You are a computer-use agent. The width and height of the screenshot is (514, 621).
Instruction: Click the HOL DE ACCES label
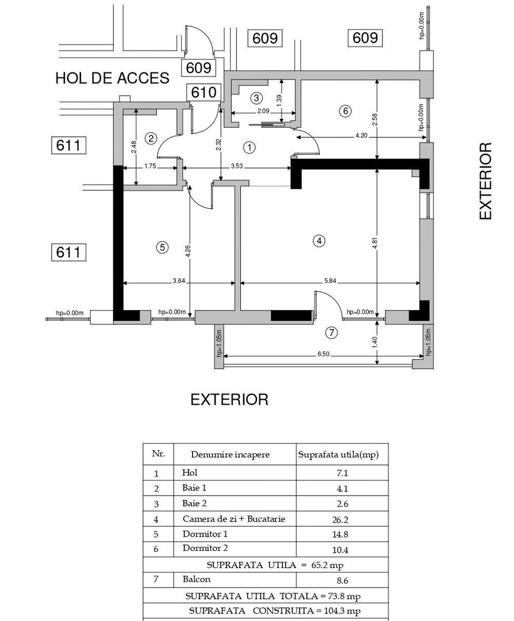point(112,79)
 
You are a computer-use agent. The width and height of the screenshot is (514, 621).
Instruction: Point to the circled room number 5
point(162,247)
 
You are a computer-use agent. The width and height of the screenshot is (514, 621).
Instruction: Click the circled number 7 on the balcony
point(331,332)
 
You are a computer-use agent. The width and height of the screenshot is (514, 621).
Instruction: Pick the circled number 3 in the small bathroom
point(256,98)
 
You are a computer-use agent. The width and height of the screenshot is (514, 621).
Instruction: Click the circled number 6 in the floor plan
point(345,111)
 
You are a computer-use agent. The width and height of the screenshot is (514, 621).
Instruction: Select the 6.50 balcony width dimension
point(323,354)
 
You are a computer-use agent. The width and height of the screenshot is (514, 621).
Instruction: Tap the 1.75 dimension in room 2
point(150,166)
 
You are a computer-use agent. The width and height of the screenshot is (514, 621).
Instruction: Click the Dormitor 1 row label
point(205,534)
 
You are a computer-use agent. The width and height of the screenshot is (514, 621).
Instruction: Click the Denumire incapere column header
point(230,455)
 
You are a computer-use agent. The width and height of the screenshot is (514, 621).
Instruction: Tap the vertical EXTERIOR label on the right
point(486,181)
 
